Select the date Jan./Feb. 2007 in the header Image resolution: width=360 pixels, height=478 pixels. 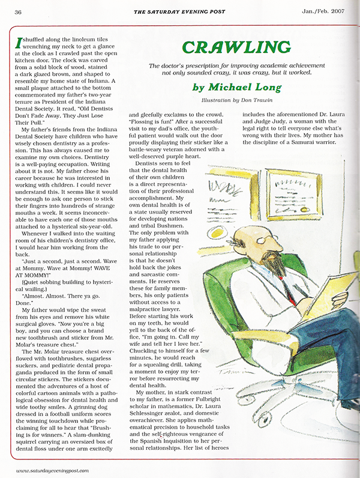(x=320, y=11)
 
